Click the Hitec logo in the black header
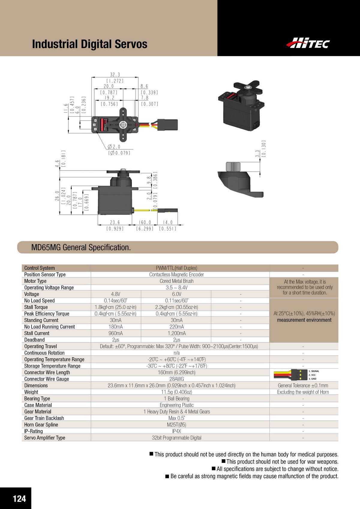click(x=308, y=43)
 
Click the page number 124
click(x=19, y=499)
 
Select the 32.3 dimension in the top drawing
click(x=115, y=75)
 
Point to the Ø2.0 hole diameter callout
click(x=114, y=147)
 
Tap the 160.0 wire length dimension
click(x=145, y=223)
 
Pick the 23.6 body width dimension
click(x=115, y=223)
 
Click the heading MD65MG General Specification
click(x=81, y=247)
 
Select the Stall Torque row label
click(x=36, y=307)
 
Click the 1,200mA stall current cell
click(x=177, y=333)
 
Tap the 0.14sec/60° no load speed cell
click(x=116, y=301)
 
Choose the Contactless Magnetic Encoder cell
click(x=177, y=274)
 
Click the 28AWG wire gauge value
click(x=177, y=379)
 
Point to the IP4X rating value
click(x=177, y=431)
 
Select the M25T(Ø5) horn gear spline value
click(x=177, y=425)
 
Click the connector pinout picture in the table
click(x=296, y=375)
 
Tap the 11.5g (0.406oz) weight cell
click(x=177, y=392)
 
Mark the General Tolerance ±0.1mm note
click(x=303, y=386)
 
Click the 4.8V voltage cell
click(x=116, y=294)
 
